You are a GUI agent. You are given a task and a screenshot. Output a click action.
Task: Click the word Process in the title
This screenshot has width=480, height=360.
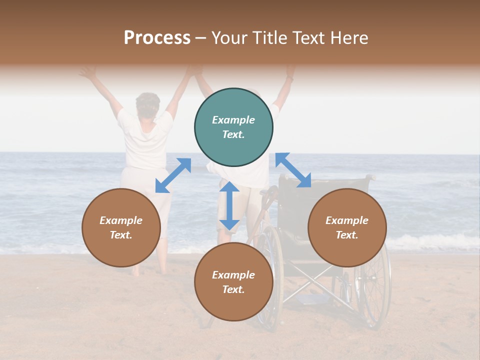pos(157,37)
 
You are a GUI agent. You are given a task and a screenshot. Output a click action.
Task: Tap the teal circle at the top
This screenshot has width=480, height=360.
pos(233,127)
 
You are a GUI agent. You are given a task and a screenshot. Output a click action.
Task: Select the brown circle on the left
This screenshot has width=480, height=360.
pos(121,227)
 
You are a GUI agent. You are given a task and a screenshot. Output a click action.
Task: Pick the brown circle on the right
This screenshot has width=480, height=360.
pos(347,227)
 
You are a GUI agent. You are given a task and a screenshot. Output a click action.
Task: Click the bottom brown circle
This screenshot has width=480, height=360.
pos(233,281)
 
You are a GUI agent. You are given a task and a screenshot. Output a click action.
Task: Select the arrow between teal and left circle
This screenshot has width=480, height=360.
pos(173,175)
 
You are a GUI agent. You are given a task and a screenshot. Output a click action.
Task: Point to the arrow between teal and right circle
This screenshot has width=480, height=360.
pos(293,170)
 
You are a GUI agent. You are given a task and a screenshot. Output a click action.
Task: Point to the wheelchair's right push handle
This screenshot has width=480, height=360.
pos(369,177)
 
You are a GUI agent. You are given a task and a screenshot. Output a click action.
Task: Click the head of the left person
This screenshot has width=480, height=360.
pos(148,103)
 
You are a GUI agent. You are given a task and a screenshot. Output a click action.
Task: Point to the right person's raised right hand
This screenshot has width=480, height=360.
pos(289,72)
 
